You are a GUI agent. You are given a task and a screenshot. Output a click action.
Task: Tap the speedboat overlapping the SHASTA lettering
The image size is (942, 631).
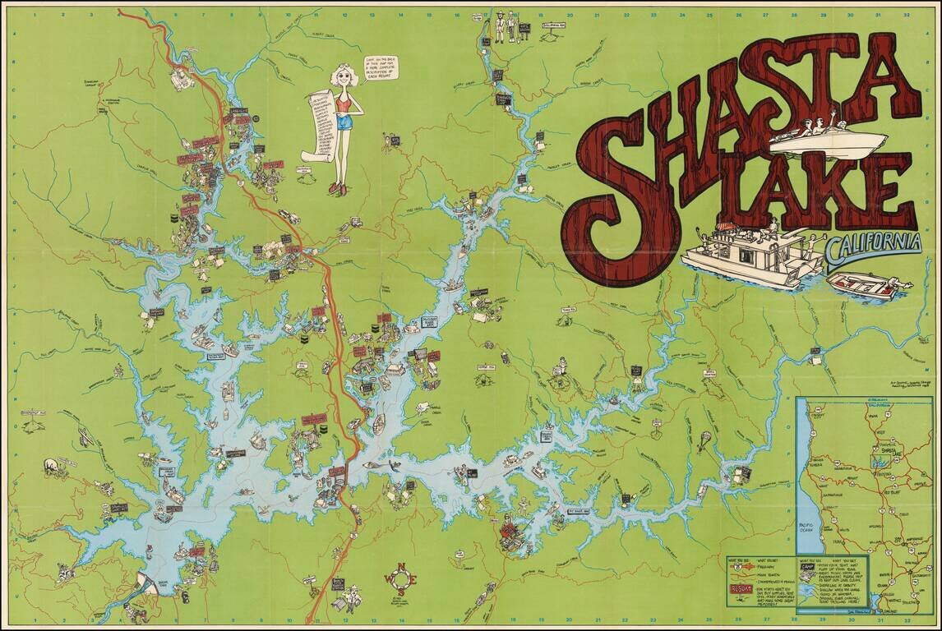point(828,139)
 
